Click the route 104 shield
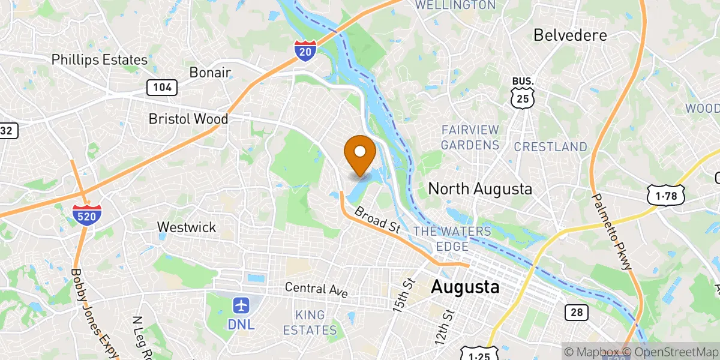tap(162, 88)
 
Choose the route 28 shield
tap(575, 312)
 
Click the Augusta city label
tap(465, 287)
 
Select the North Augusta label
tap(480, 189)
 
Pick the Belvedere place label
tap(571, 35)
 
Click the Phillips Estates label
tap(100, 60)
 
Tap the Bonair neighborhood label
tap(210, 73)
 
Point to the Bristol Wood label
tap(188, 119)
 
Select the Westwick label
tap(186, 227)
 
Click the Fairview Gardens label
tap(470, 137)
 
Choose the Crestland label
tap(551, 147)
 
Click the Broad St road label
tap(377, 220)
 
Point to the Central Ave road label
tap(316, 289)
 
